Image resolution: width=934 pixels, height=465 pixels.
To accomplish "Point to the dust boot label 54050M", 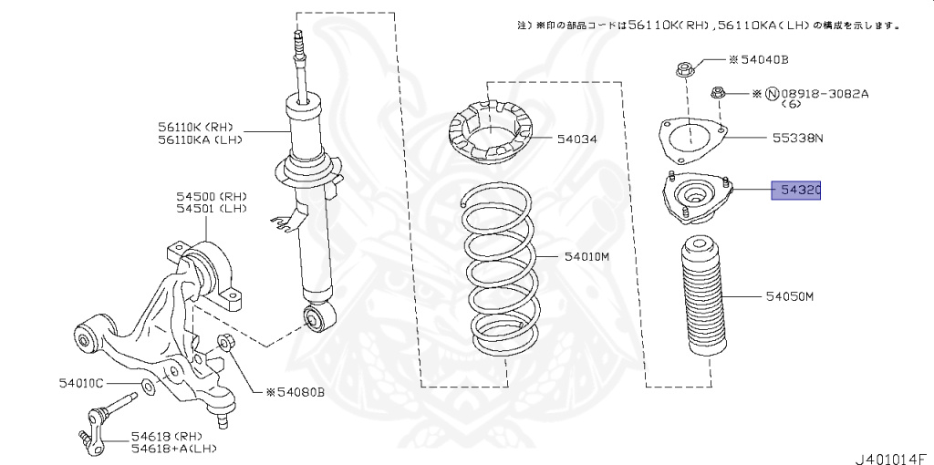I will click(x=789, y=297).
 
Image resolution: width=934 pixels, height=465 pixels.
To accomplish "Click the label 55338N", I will click(x=798, y=139).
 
